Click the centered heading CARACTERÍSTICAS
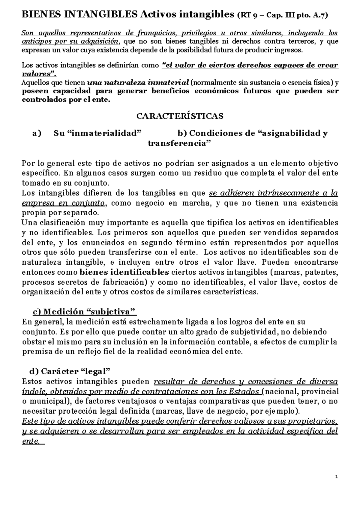(x=180, y=116)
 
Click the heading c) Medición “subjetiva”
(x=84, y=312)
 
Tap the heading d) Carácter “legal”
(x=70, y=372)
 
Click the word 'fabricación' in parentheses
(x=121, y=282)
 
